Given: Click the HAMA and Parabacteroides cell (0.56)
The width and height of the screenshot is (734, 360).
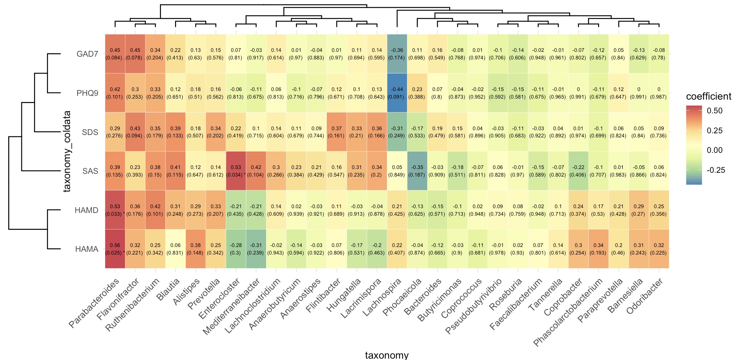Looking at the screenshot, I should [115, 249].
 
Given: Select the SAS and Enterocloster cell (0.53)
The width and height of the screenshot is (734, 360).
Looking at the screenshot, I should [236, 171].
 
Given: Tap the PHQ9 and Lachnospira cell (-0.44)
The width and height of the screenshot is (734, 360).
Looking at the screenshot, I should [397, 93].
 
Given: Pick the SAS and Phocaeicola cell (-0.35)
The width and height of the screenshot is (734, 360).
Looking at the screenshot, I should [417, 171].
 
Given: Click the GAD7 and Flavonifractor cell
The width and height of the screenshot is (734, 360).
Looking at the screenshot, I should [135, 54].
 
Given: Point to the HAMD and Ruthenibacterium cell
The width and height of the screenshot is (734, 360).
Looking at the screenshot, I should [155, 210].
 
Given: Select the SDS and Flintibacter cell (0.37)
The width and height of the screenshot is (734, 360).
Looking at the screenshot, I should [336, 132].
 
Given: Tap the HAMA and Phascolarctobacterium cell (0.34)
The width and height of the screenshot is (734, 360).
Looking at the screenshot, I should [598, 249].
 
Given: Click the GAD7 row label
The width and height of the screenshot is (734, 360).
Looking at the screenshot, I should [87, 54].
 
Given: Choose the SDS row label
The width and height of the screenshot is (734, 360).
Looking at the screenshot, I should [90, 132].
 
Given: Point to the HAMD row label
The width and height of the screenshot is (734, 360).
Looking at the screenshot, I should [87, 210].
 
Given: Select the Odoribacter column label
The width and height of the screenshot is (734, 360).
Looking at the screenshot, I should [645, 296].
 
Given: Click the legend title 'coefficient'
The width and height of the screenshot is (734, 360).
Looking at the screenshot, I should [709, 97].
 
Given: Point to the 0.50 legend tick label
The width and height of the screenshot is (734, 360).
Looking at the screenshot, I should [714, 111].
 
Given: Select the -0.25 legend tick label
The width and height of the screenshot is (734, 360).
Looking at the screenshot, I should [716, 170].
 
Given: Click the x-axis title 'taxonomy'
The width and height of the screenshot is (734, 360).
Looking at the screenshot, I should [387, 355].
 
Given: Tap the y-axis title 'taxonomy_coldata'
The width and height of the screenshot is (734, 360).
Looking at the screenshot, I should [67, 151].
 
